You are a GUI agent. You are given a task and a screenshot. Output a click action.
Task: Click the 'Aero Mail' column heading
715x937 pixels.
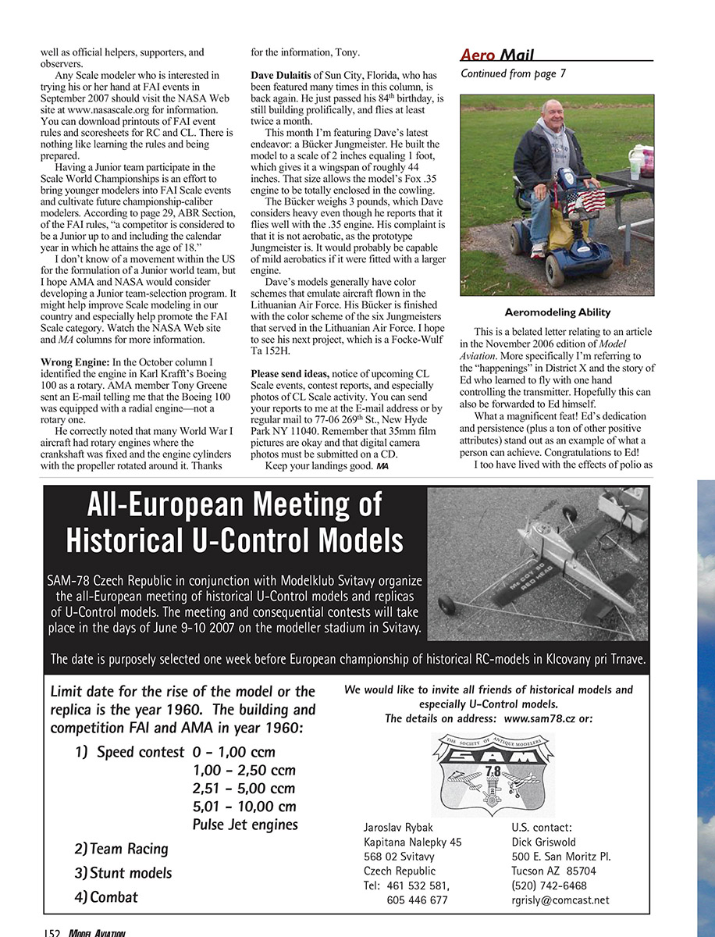pos(498,55)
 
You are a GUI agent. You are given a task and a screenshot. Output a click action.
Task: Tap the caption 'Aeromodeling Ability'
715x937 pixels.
pos(557,312)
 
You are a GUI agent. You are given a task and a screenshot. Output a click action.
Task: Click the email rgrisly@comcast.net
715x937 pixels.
pos(560,900)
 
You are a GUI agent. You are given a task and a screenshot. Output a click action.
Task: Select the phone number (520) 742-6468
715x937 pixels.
pos(549,885)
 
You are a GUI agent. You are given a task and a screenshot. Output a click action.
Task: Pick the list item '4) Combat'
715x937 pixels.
pos(106,897)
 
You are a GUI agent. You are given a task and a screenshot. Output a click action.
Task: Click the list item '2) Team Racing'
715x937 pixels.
pos(122,849)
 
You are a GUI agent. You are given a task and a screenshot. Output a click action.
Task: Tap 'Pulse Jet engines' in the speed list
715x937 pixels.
pos(244,825)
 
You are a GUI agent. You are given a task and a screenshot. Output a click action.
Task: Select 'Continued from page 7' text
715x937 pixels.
pos(513,74)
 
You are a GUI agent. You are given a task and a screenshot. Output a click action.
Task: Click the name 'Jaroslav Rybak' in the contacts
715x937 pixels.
pos(398,827)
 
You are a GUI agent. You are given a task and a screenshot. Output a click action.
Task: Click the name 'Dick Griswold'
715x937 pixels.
pos(543,842)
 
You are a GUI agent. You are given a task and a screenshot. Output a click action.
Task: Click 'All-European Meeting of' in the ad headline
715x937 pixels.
pos(234,505)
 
